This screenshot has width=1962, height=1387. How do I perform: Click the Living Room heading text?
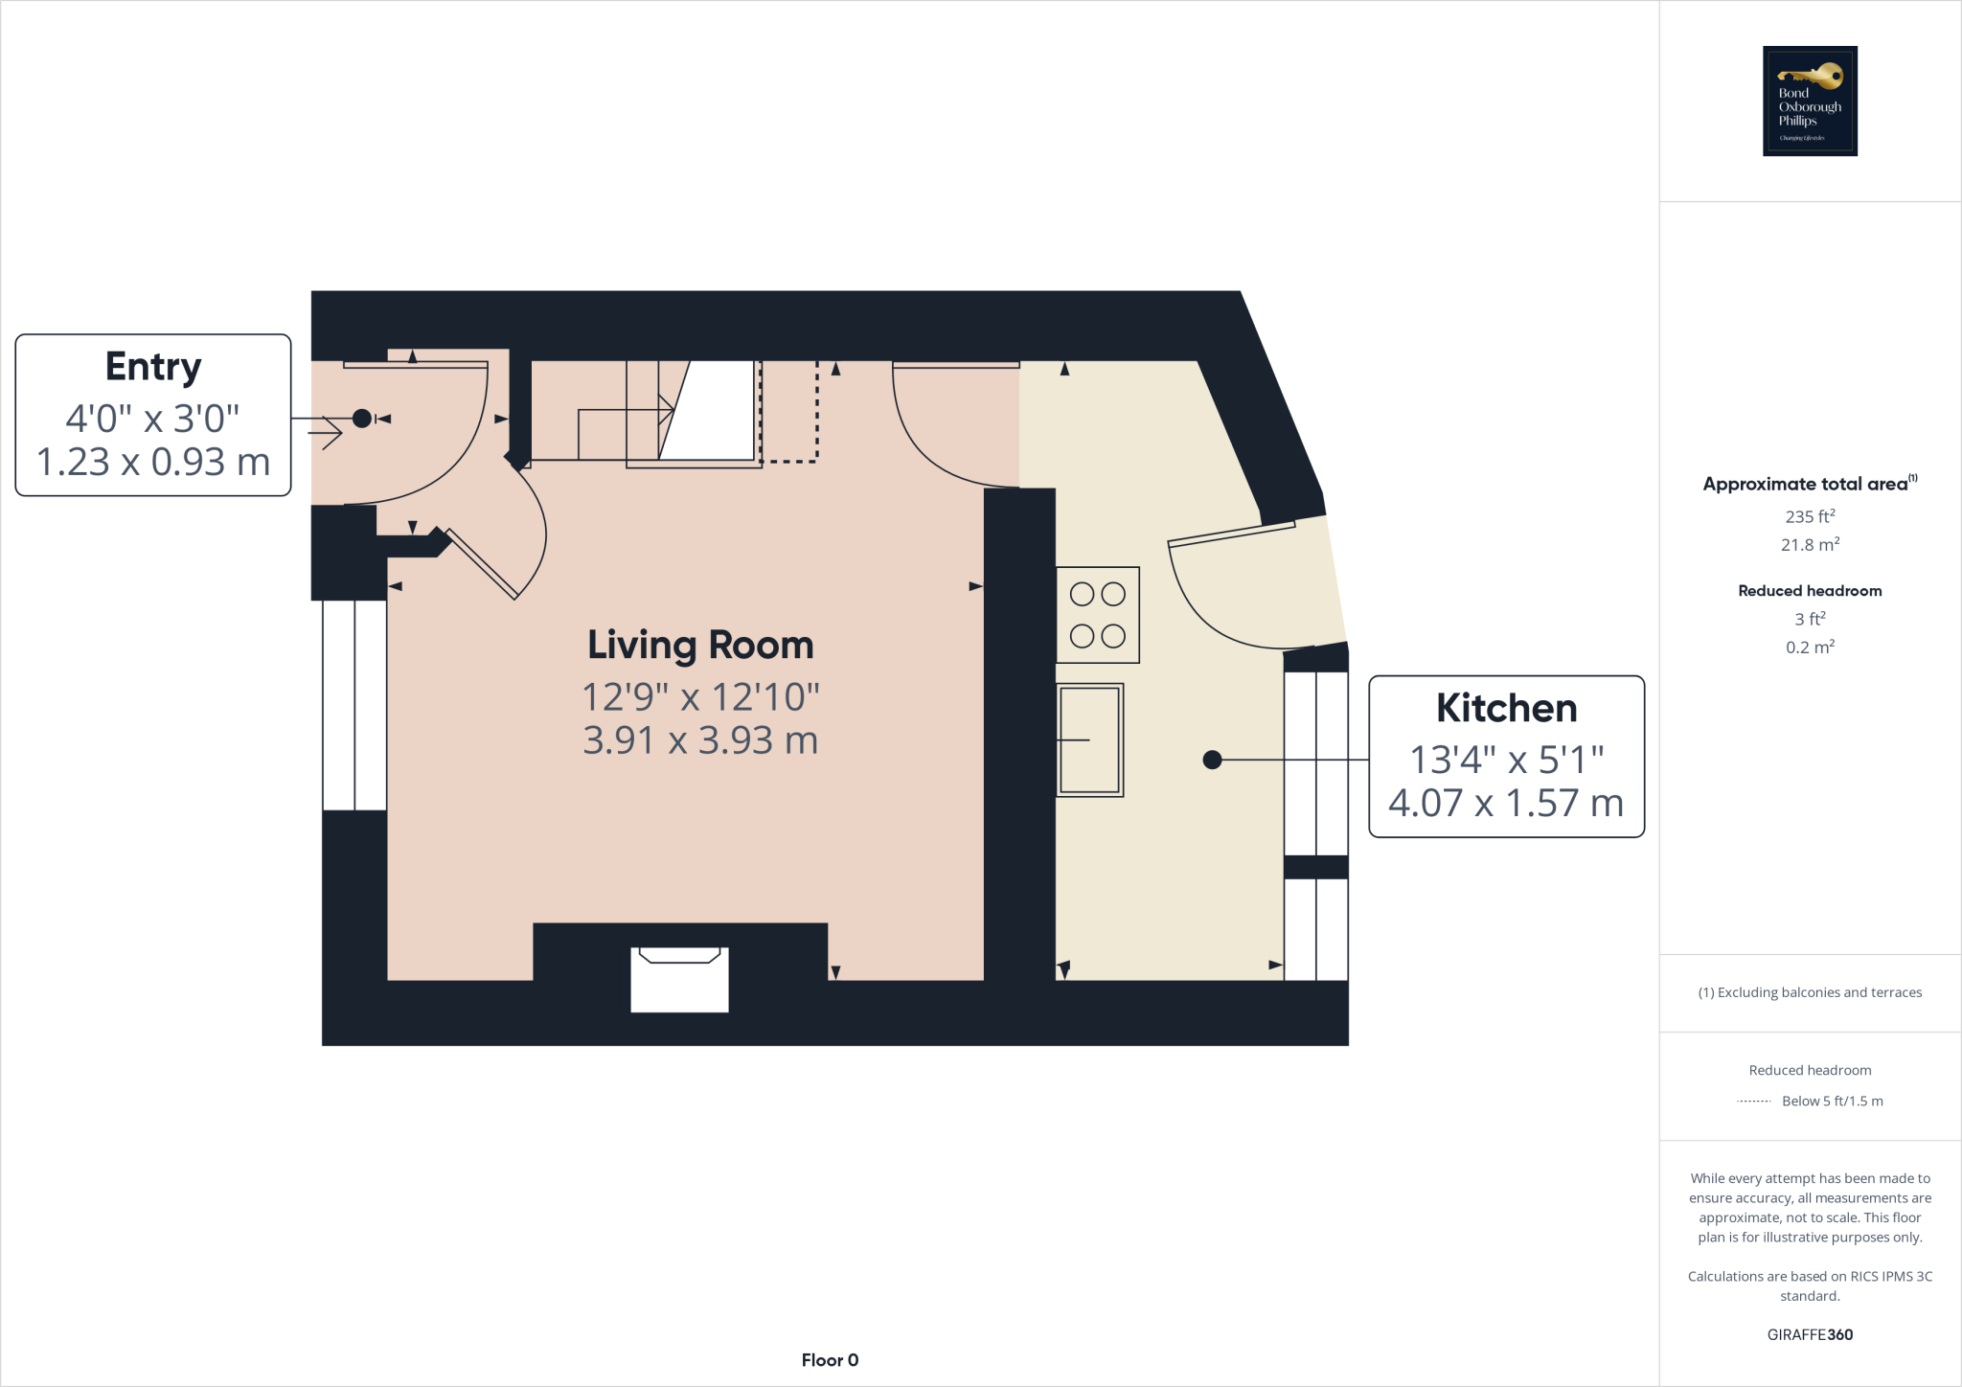700,646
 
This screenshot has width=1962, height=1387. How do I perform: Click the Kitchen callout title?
1506,709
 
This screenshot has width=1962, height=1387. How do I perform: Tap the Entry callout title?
153,367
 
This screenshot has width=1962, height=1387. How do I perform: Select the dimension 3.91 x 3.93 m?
700,740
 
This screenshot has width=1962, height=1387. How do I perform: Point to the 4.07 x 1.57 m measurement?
1506,803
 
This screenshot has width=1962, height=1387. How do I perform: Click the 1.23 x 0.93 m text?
153,462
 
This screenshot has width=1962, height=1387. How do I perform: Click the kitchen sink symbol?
1089,739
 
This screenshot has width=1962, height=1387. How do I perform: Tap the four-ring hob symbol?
1098,615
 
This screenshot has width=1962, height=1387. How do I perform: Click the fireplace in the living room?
679,977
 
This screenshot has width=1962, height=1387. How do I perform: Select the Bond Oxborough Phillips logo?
1810,101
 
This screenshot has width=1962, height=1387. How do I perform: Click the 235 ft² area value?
1810,516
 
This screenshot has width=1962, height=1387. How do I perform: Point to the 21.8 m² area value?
1810,545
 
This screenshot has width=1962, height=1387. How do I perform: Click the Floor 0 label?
830,1360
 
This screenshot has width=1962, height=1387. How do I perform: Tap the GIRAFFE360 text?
1810,1334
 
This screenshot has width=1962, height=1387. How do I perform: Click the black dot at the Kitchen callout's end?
1212,760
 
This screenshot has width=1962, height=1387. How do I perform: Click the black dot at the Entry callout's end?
362,419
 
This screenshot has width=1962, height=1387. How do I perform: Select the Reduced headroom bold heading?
1810,591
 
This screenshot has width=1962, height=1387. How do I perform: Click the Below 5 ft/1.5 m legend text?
1832,1102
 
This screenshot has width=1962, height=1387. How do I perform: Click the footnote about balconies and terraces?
1810,992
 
